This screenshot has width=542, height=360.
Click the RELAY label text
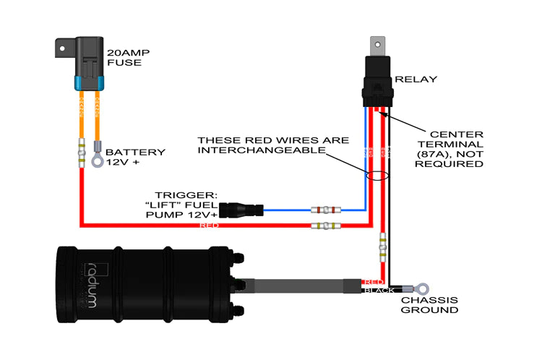[416, 79]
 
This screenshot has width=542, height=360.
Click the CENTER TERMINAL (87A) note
[456, 149]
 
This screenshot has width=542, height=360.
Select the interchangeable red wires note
[273, 145]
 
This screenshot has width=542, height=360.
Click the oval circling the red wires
[377, 175]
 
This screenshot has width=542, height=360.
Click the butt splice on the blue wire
[326, 210]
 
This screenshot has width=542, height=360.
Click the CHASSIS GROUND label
[429, 304]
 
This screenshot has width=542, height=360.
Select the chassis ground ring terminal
[417, 288]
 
